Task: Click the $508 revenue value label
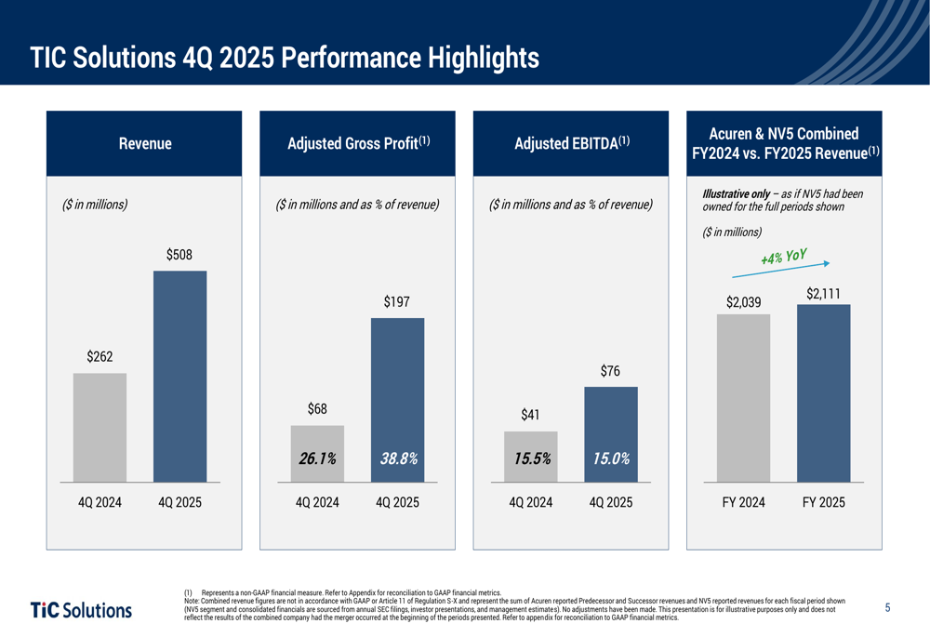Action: [x=179, y=255]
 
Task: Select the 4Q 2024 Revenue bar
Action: [x=100, y=428]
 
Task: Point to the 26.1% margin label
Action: [x=317, y=458]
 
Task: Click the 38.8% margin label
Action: [x=398, y=458]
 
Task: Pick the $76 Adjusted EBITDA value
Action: [x=610, y=372]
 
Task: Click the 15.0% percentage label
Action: [x=611, y=458]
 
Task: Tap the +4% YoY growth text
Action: [x=783, y=256]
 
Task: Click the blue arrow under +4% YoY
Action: [x=779, y=270]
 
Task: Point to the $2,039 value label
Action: [x=743, y=302]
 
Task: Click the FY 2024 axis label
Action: [x=744, y=503]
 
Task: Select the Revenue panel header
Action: [x=144, y=143]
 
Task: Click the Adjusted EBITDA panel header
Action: [x=571, y=143]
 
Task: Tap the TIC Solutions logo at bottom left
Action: [x=82, y=610]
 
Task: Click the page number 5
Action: [x=887, y=608]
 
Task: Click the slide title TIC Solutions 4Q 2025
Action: [x=285, y=58]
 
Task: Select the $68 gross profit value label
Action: [x=317, y=409]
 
